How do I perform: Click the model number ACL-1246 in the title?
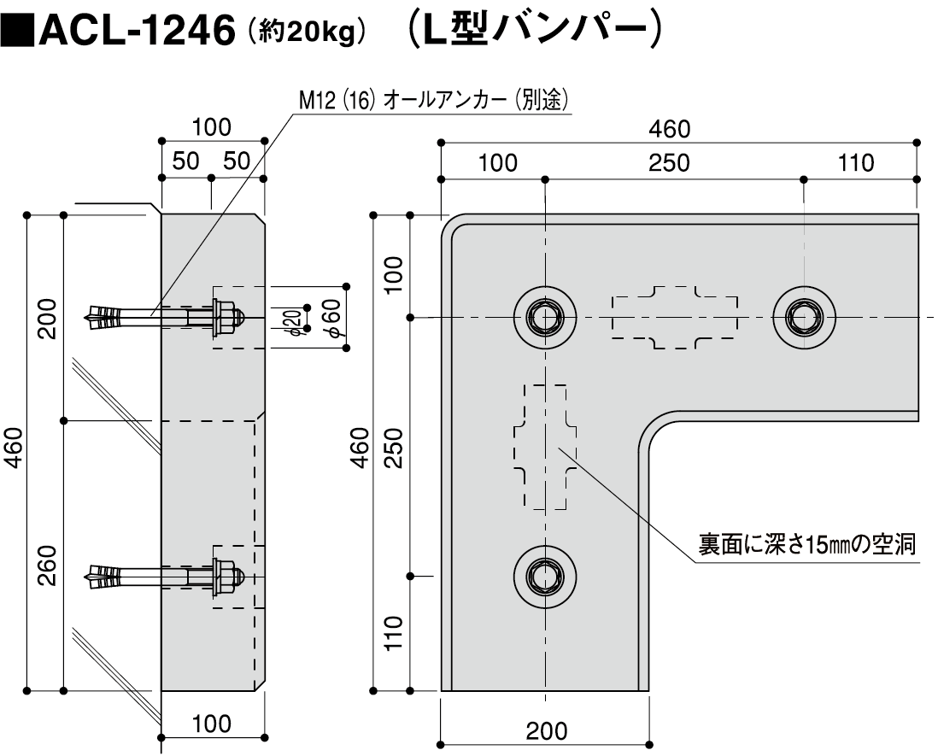[137, 32]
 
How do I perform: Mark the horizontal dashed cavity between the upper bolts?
[675, 318]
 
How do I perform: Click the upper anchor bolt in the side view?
[162, 316]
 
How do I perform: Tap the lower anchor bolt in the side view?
[162, 573]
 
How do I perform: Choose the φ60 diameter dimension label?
[332, 319]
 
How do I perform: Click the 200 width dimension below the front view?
[546, 731]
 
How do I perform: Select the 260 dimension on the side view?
[47, 563]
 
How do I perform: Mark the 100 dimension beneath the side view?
[211, 724]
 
